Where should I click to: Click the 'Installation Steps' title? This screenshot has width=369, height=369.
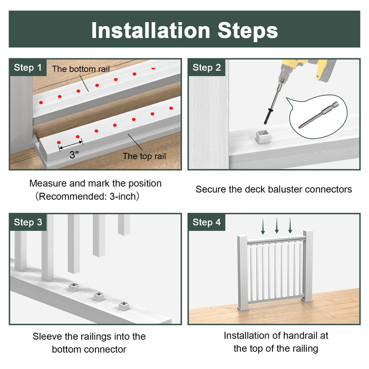(184, 30)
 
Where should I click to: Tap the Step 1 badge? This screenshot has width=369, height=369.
(28, 67)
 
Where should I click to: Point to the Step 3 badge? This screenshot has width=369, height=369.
(28, 222)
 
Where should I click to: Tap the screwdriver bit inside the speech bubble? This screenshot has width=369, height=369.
(317, 118)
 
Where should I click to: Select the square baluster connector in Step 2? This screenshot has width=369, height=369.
(263, 137)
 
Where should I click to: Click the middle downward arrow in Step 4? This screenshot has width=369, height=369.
(277, 227)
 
